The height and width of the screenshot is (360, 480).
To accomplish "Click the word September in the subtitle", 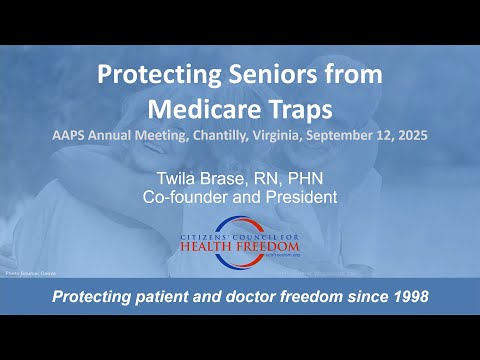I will pyautogui.click(x=341, y=136).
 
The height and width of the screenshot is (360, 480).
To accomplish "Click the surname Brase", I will pyautogui.click(x=226, y=180).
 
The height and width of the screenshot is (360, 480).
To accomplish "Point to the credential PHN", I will pyautogui.click(x=296, y=180).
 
